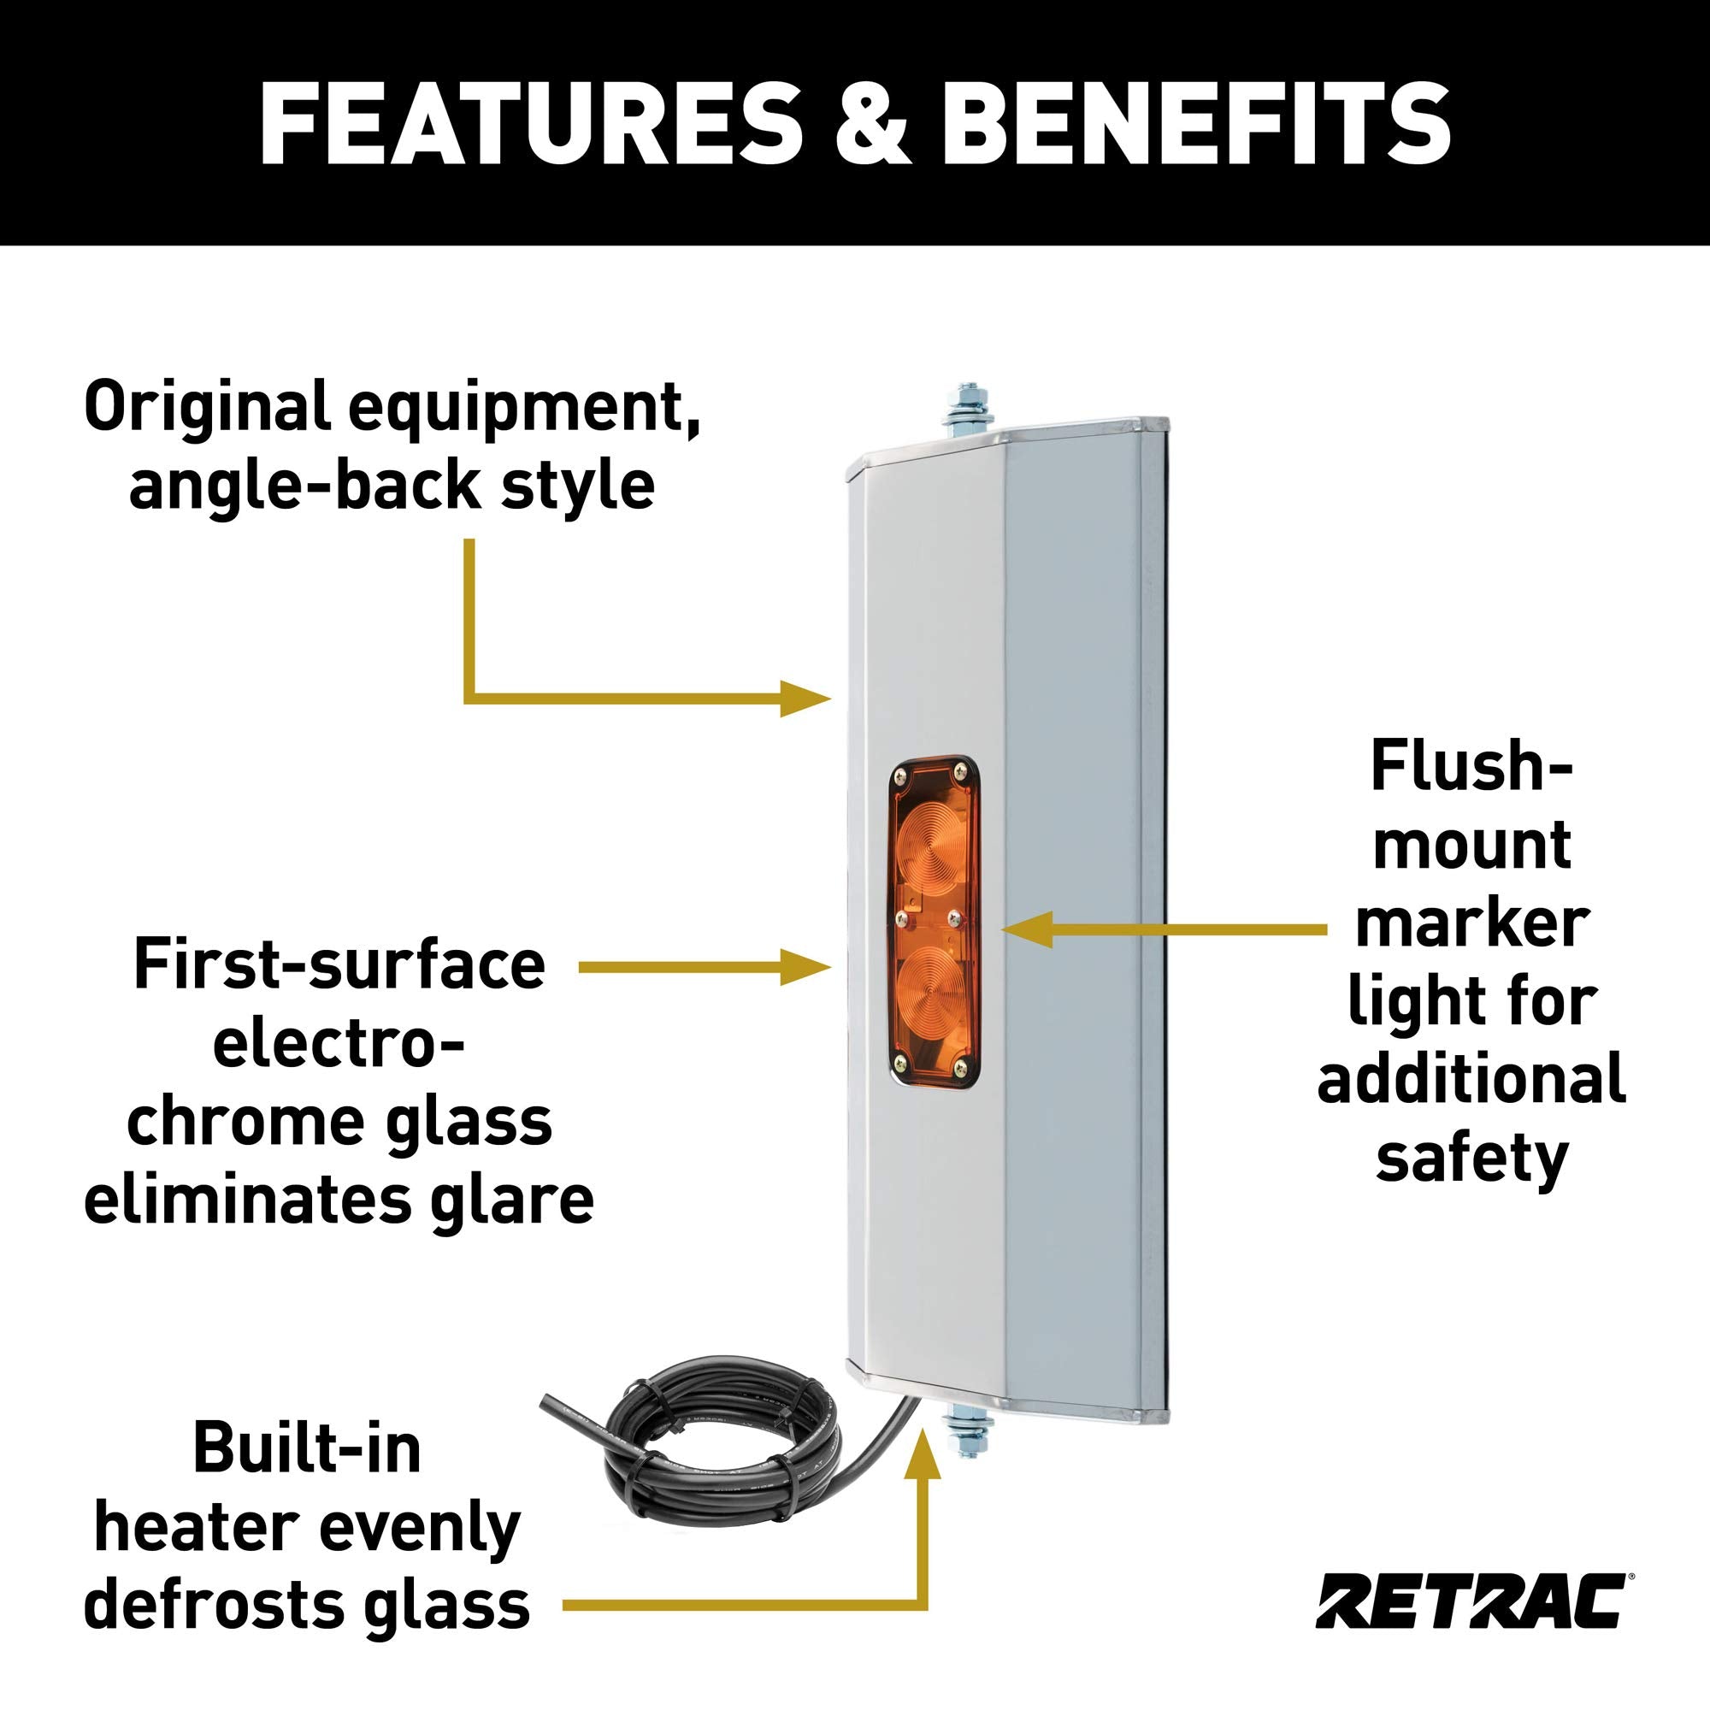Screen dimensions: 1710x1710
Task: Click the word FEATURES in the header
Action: [530, 123]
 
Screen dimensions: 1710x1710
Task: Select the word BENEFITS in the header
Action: [1195, 123]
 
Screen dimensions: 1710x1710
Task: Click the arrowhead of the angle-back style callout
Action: [805, 699]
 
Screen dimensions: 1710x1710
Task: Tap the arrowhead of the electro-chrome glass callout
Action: [805, 967]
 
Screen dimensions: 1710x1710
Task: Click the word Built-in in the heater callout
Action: [307, 1448]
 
